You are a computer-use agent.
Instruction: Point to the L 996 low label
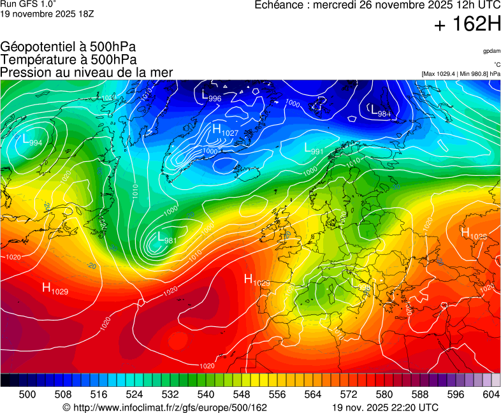point(212,97)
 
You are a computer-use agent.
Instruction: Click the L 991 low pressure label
point(314,150)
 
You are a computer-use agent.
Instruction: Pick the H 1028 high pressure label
point(474,234)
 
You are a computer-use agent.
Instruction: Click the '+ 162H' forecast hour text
point(467,25)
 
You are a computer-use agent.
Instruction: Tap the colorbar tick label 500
point(27,395)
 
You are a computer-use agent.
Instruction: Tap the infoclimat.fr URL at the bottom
point(165,407)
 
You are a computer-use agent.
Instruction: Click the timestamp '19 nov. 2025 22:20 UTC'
point(385,407)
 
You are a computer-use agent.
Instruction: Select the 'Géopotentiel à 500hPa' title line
point(68,47)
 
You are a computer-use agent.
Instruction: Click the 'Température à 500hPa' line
point(68,59)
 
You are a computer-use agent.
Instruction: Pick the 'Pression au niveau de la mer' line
point(87,72)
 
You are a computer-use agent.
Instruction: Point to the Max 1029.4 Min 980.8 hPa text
point(461,74)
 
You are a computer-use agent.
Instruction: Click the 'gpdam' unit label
point(491,51)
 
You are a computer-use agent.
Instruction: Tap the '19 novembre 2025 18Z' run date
point(47,13)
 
